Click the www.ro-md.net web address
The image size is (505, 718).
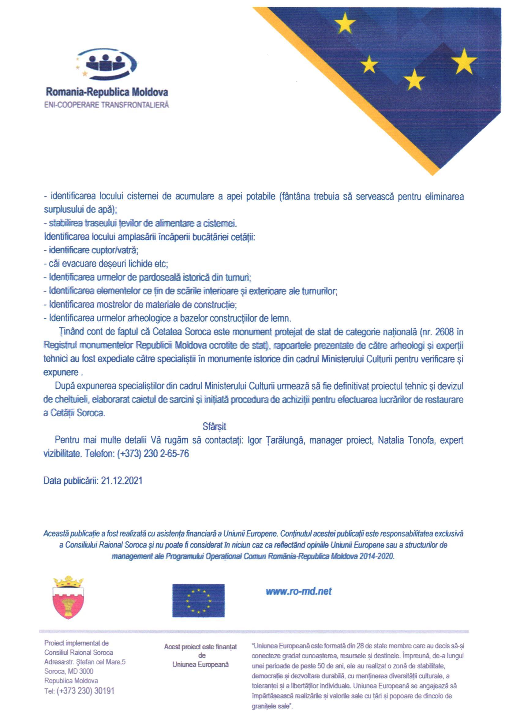pyautogui.click(x=298, y=591)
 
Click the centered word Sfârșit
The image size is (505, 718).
pyautogui.click(x=214, y=427)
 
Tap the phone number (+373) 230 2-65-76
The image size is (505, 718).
pyautogui.click(x=153, y=454)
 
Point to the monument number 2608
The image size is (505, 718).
pyautogui.click(x=445, y=332)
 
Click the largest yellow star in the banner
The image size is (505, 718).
pyautogui.click(x=464, y=62)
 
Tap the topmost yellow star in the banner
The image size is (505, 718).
pyautogui.click(x=345, y=23)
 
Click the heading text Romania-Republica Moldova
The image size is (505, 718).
pyautogui.click(x=107, y=92)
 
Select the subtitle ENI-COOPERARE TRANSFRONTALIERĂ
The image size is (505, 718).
pyautogui.click(x=107, y=105)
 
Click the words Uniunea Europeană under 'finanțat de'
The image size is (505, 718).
pyautogui.click(x=200, y=664)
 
